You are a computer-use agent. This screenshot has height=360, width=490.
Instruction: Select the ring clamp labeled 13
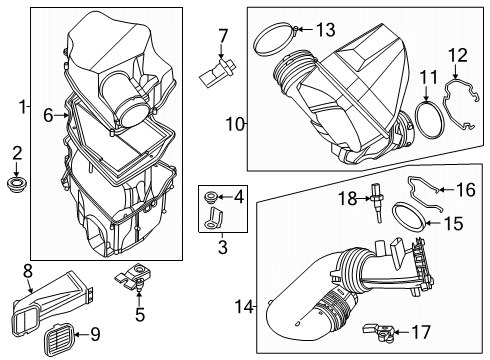[283, 40]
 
